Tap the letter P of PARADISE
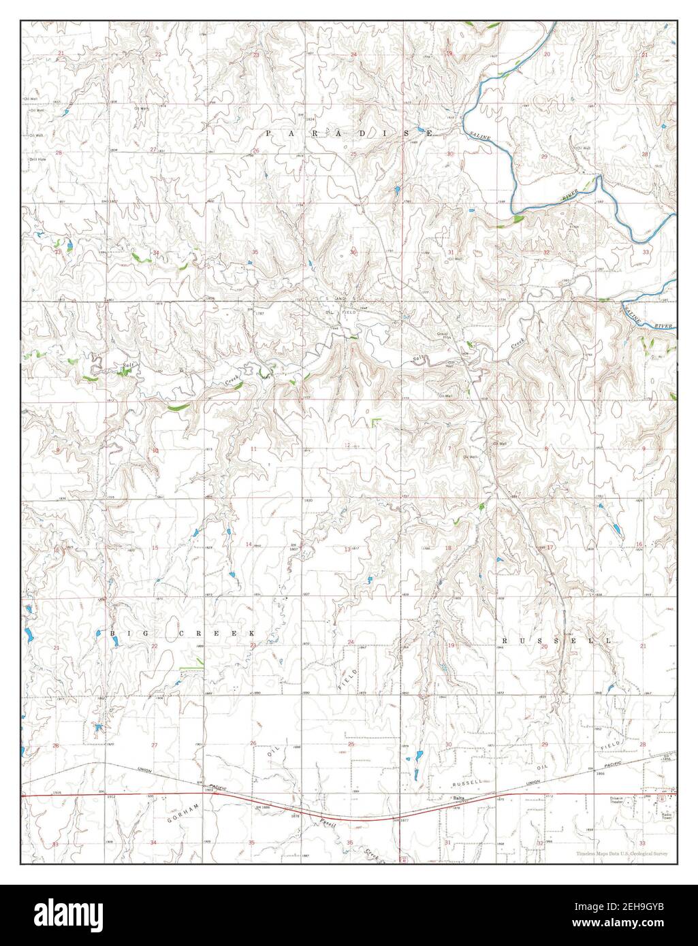click(268, 133)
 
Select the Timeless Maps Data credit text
click(621, 853)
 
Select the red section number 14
click(249, 544)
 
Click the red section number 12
click(347, 445)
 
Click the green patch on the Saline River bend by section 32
click(518, 219)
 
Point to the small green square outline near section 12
click(375, 423)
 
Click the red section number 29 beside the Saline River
click(543, 157)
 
